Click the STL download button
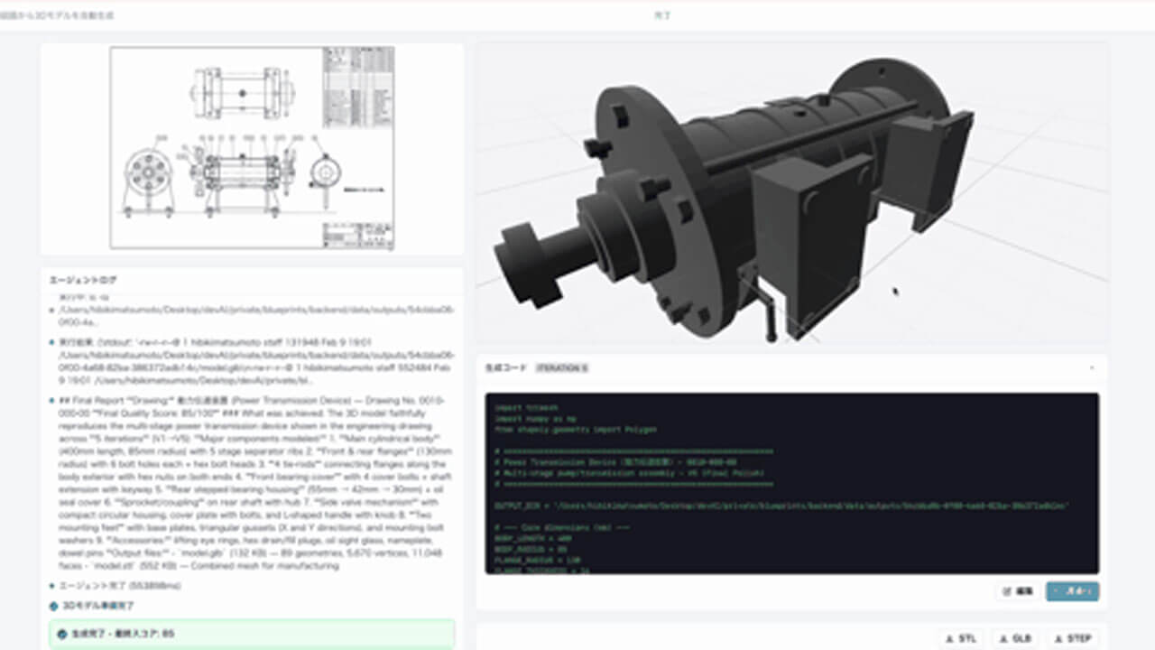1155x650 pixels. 962,638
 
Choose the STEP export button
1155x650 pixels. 1074,638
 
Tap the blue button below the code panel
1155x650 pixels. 1072,592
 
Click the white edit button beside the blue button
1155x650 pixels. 1018,592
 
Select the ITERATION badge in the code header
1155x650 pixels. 561,368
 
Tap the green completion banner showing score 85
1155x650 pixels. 252,634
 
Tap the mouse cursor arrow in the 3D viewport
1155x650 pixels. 894,291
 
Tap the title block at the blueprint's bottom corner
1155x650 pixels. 357,234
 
